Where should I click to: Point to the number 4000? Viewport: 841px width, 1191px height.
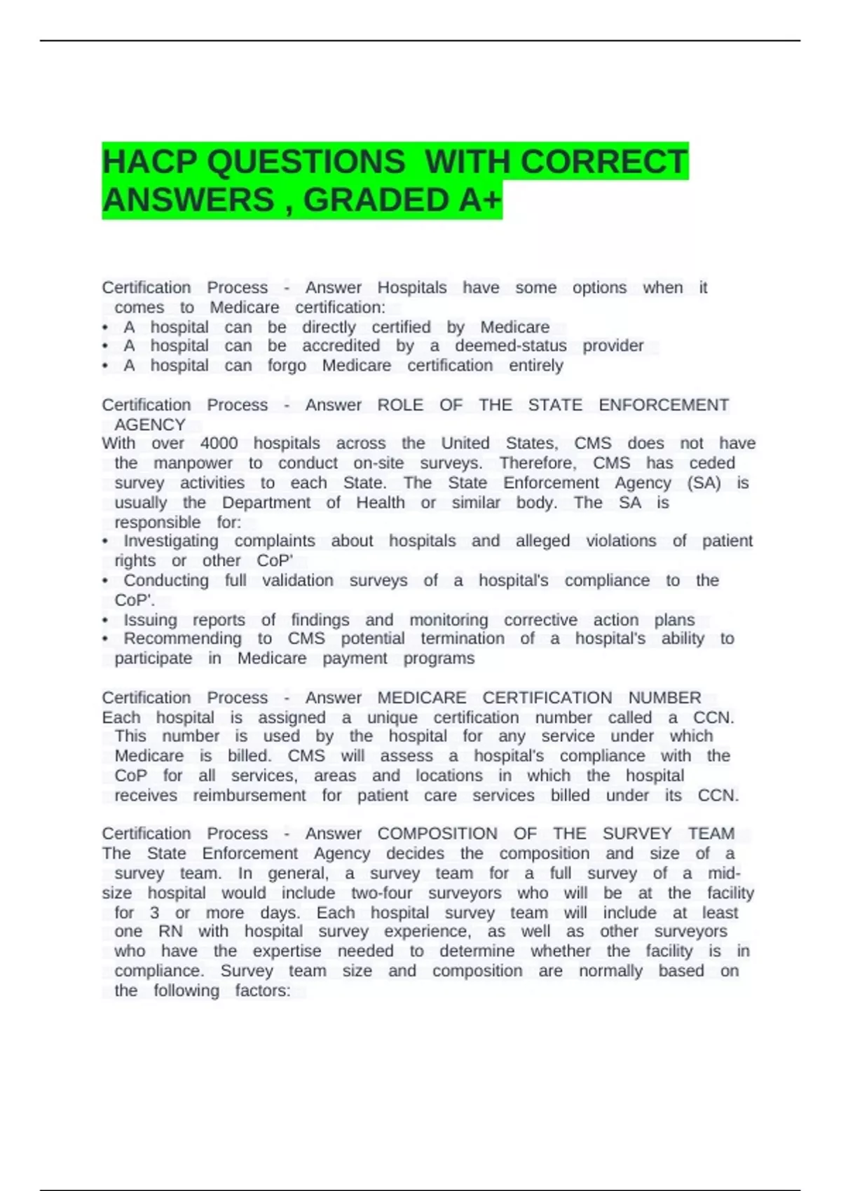(219, 443)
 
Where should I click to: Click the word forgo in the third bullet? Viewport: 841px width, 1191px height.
(287, 366)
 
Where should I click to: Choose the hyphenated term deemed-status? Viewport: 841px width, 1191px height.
(510, 346)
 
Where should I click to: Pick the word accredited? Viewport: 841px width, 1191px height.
(341, 346)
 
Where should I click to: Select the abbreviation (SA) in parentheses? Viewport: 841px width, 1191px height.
(704, 483)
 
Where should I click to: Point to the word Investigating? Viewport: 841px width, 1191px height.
(171, 541)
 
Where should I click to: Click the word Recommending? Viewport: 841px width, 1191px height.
(182, 638)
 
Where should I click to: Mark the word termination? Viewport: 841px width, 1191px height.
(462, 638)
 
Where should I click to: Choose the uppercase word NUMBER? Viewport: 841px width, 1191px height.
(664, 698)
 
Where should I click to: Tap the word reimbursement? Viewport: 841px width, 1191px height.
(249, 796)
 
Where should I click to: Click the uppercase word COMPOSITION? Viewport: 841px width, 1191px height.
(437, 834)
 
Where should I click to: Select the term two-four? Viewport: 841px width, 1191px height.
(381, 893)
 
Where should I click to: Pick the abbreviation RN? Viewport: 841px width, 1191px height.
(170, 932)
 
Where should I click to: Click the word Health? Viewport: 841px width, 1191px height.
(380, 503)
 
